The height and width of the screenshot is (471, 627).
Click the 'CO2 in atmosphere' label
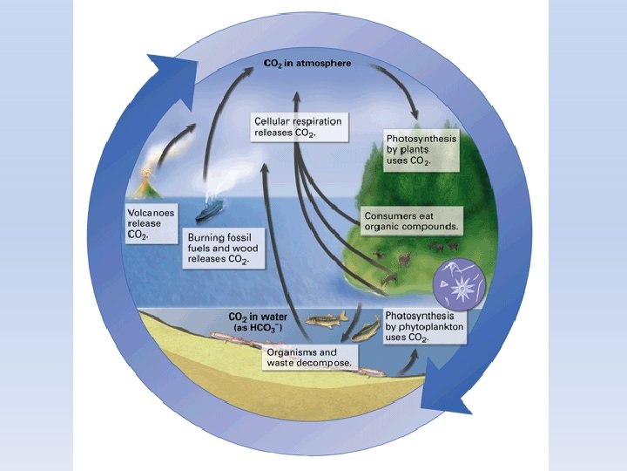click(x=308, y=64)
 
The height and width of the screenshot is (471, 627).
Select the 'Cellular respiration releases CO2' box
click(x=298, y=126)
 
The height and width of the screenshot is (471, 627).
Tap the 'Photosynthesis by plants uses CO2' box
click(x=421, y=152)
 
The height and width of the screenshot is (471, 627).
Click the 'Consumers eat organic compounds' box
click(x=412, y=222)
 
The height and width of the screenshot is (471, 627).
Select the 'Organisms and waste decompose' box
click(x=308, y=357)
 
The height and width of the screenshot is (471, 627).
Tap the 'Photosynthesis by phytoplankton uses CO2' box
click(x=425, y=325)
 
